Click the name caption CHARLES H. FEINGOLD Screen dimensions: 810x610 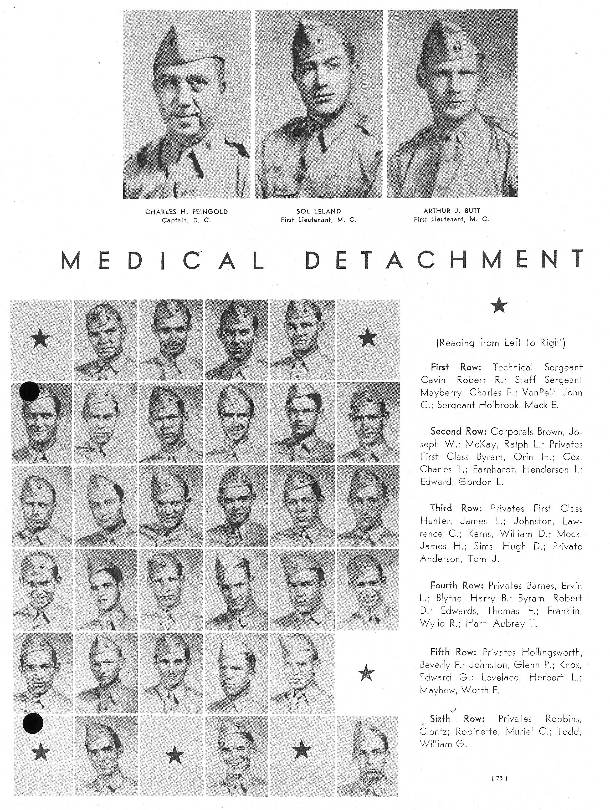[x=186, y=212]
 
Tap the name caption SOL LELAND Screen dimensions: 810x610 [x=319, y=211]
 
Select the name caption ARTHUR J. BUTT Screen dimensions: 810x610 [x=452, y=211]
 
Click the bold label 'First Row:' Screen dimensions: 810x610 [x=455, y=367]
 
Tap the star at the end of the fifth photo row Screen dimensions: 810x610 [x=366, y=673]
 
